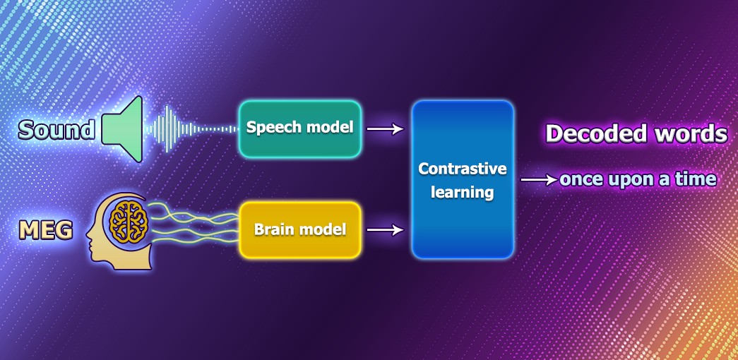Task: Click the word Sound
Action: (x=56, y=130)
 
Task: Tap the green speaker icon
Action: (x=122, y=129)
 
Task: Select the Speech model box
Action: (x=300, y=128)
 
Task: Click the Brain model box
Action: (x=300, y=229)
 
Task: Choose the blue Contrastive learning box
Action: (x=463, y=179)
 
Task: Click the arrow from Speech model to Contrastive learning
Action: (x=386, y=128)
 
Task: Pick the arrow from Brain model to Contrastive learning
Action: (x=386, y=230)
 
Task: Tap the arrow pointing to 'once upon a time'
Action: (x=540, y=179)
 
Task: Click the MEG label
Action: (x=46, y=231)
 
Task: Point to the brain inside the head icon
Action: (x=129, y=222)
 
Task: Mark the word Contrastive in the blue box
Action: (x=463, y=169)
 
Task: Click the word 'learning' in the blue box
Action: (x=463, y=192)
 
